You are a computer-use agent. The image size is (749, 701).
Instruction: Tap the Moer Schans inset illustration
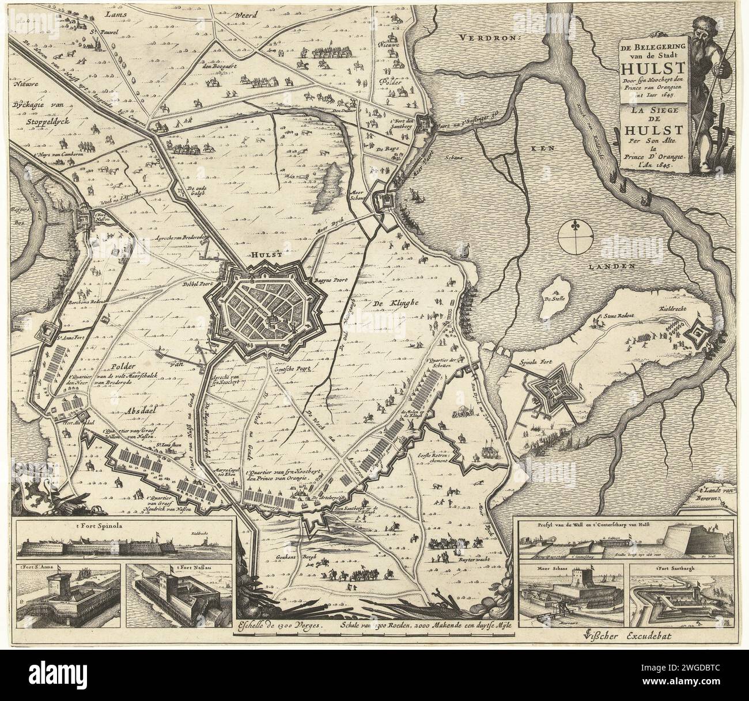(570, 593)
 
